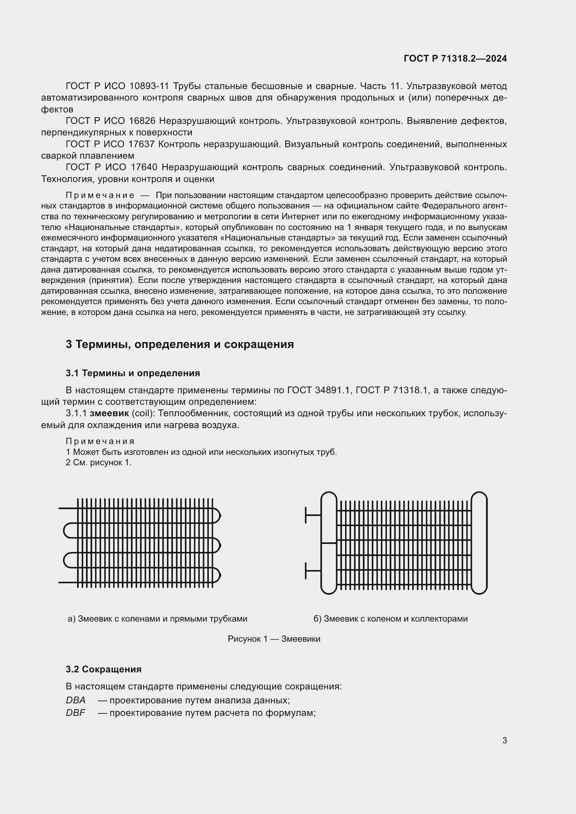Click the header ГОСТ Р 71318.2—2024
pos(455,58)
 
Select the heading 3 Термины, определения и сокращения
pos(179,344)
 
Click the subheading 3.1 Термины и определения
pos(133,373)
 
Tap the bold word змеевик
pos(109,413)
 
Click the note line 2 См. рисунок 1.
pos(98,463)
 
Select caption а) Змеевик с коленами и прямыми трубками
pos(157,619)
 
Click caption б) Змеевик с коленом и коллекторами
pos(390,619)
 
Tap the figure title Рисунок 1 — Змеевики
pos(274,639)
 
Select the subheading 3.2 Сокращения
pos(103,669)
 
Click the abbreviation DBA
pos(76,700)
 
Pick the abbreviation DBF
pos(76,713)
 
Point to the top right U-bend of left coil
pos(217,515)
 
